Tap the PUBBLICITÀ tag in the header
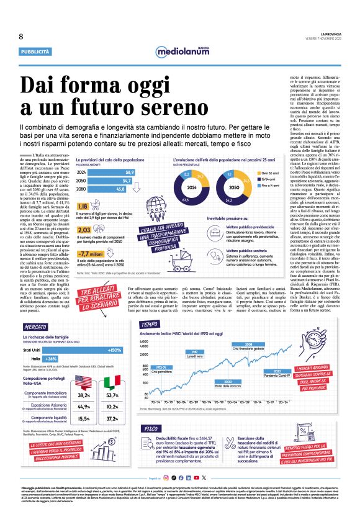tap(35, 52)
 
